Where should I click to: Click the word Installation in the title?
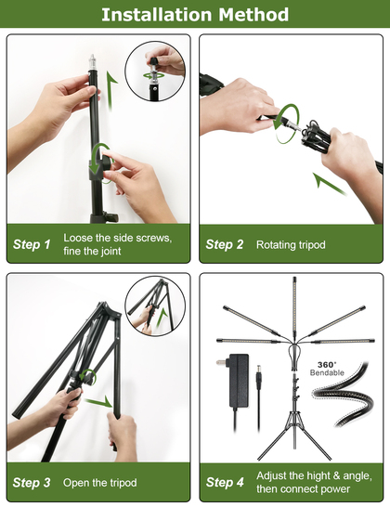click(157, 15)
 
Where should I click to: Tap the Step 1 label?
click(32, 244)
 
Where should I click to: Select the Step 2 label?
click(225, 244)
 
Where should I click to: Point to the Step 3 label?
click(32, 483)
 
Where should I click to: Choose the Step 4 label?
click(225, 482)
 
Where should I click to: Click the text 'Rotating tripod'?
click(291, 245)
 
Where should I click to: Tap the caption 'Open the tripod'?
click(100, 483)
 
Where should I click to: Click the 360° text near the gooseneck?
click(327, 365)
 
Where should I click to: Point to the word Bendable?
click(327, 372)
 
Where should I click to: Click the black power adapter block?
click(239, 381)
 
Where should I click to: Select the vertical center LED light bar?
click(294, 309)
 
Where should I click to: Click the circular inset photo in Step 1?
click(155, 71)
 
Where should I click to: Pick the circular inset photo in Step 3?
click(155, 305)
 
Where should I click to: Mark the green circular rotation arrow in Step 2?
click(287, 123)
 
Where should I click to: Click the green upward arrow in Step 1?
click(111, 91)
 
